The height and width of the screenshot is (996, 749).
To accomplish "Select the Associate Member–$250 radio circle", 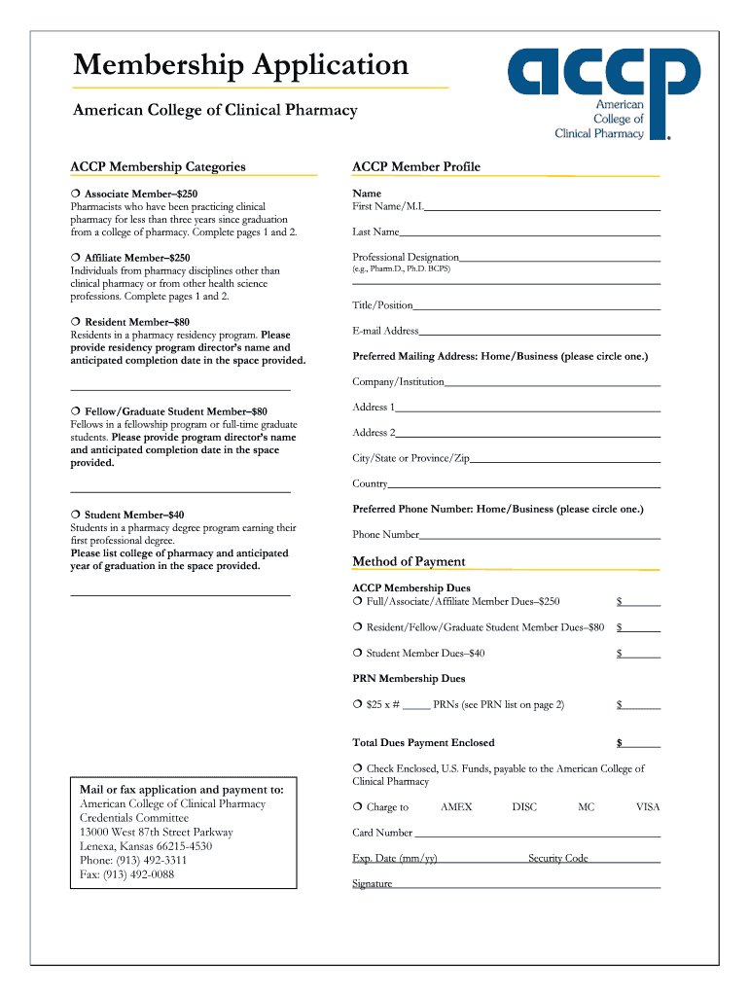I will tap(75, 195).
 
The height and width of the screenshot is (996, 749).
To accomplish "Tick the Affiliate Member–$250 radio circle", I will tap(75, 258).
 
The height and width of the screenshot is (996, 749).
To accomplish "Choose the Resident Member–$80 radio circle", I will tap(75, 322).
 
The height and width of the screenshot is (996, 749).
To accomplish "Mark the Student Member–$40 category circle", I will tap(75, 515).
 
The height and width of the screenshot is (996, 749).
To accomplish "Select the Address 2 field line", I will tap(528, 435).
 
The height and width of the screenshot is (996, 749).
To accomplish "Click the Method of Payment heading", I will tap(409, 561).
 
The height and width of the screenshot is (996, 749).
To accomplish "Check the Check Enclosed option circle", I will tap(358, 768).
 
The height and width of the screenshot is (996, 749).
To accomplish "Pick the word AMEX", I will tap(456, 807).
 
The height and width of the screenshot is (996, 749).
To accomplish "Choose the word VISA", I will tap(648, 807).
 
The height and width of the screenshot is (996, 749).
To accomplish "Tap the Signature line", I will tap(526, 886).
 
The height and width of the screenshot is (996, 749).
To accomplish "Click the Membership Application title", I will tap(241, 65).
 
